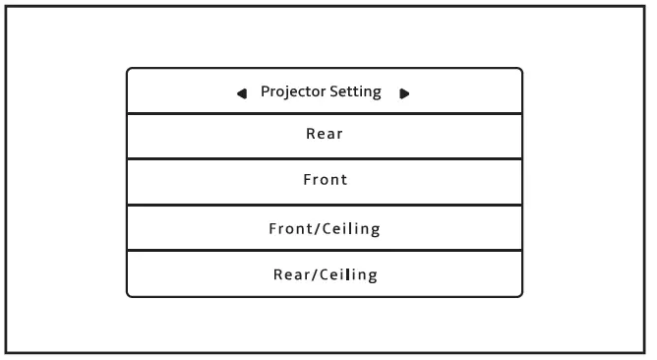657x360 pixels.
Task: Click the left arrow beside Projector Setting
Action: (242, 93)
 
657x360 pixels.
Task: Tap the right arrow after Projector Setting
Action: (404, 93)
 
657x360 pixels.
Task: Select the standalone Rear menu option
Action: (324, 135)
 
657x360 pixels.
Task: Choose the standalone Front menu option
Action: (325, 181)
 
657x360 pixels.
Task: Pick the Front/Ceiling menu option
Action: (325, 229)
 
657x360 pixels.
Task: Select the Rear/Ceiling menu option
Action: (325, 274)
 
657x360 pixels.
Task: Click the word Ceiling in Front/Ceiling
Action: (351, 229)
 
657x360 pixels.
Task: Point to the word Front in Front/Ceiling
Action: (290, 229)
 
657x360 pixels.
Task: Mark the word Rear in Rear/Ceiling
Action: (290, 274)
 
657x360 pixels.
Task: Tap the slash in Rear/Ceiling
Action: (313, 274)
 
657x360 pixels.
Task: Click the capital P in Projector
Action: (265, 91)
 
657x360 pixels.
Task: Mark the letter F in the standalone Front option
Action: (306, 181)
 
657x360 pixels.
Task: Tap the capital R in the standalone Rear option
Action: (310, 135)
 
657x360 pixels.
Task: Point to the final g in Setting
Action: (376, 93)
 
